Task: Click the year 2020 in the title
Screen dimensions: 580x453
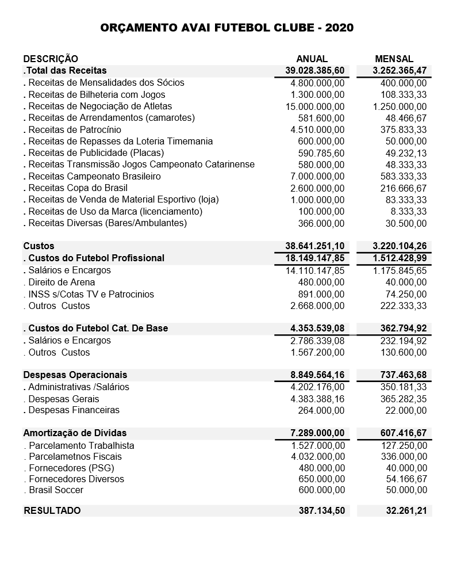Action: [x=339, y=28]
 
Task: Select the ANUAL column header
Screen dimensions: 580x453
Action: [x=312, y=59]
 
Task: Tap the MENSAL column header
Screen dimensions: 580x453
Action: [x=394, y=59]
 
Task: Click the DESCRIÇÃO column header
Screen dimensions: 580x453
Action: [x=51, y=59]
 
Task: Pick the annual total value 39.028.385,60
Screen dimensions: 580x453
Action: [x=315, y=71]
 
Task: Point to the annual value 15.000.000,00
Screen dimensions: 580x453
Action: [x=315, y=106]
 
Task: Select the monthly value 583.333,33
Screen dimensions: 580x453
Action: [x=404, y=176]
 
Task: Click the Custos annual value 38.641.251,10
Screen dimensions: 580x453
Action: [x=315, y=246]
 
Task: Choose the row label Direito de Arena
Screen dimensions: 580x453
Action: [x=62, y=282]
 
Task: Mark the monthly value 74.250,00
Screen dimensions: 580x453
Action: [x=406, y=294]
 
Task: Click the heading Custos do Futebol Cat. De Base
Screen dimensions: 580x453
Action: [x=98, y=328]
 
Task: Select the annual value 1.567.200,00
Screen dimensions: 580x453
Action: [x=317, y=352]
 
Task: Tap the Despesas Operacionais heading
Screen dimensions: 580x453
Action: [x=75, y=375]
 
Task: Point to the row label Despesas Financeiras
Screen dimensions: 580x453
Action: [x=74, y=410]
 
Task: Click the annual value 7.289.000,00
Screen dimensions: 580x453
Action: [x=317, y=433]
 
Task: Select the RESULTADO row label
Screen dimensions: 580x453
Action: [x=52, y=510]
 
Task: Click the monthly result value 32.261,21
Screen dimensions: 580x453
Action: [x=406, y=510]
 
